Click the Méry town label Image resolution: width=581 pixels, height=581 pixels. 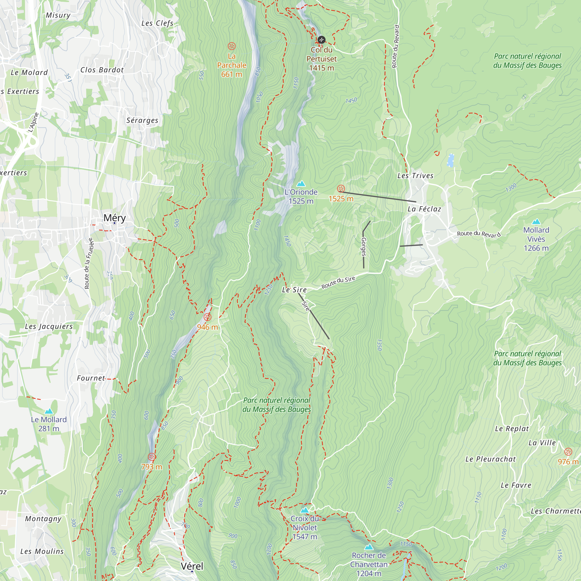click(x=114, y=218)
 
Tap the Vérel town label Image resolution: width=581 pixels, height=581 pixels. click(x=192, y=566)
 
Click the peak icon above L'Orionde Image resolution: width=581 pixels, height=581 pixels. click(x=301, y=183)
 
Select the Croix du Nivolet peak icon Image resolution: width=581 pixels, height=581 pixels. click(x=305, y=510)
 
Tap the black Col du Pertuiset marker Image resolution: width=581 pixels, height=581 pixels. click(x=322, y=40)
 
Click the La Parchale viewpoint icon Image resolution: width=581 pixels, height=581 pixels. click(x=231, y=46)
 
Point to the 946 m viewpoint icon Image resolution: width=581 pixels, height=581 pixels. click(x=207, y=317)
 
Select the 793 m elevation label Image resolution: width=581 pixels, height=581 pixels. click(x=152, y=467)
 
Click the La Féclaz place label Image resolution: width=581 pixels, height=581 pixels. click(x=424, y=209)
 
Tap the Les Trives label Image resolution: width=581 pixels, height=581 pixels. click(x=415, y=176)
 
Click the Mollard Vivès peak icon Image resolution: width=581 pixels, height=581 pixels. click(x=536, y=222)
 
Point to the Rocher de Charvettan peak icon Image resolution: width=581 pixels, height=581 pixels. click(x=369, y=547)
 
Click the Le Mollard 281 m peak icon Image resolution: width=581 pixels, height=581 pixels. click(x=49, y=411)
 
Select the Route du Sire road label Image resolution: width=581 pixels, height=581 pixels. click(x=338, y=282)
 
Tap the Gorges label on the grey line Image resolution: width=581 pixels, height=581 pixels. click(x=364, y=247)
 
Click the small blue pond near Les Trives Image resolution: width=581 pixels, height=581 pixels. click(x=450, y=160)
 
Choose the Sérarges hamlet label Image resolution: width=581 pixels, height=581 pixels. click(x=142, y=120)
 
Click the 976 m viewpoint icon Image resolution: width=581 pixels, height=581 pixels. click(x=568, y=452)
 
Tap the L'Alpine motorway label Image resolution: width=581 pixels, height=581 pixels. click(x=33, y=122)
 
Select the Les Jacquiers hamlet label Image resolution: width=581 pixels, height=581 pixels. click(x=49, y=326)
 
